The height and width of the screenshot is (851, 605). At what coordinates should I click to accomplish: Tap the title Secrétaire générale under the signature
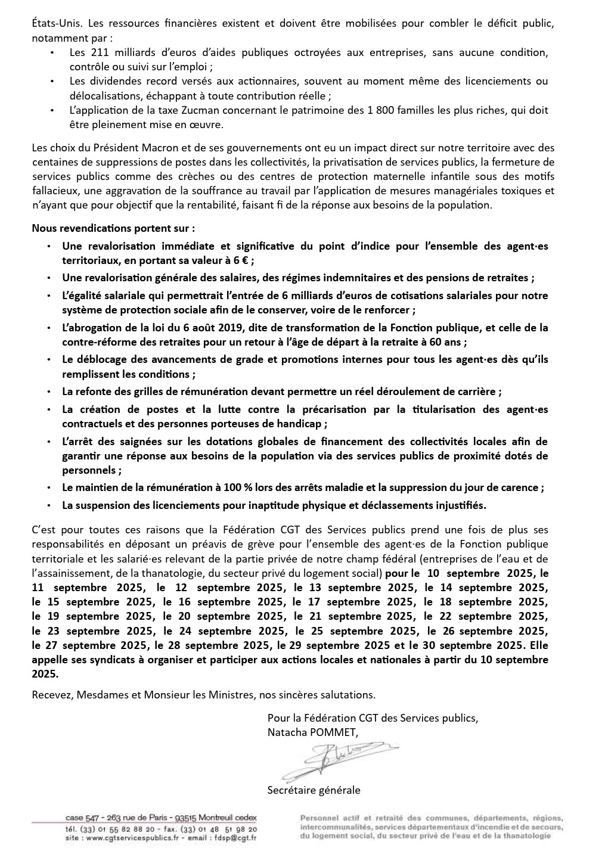point(314,790)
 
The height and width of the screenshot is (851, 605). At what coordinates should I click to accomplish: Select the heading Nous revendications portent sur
point(113,228)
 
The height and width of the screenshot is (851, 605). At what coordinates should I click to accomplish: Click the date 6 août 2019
point(214,328)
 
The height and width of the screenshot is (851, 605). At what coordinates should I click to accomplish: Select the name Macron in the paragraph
point(151,148)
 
